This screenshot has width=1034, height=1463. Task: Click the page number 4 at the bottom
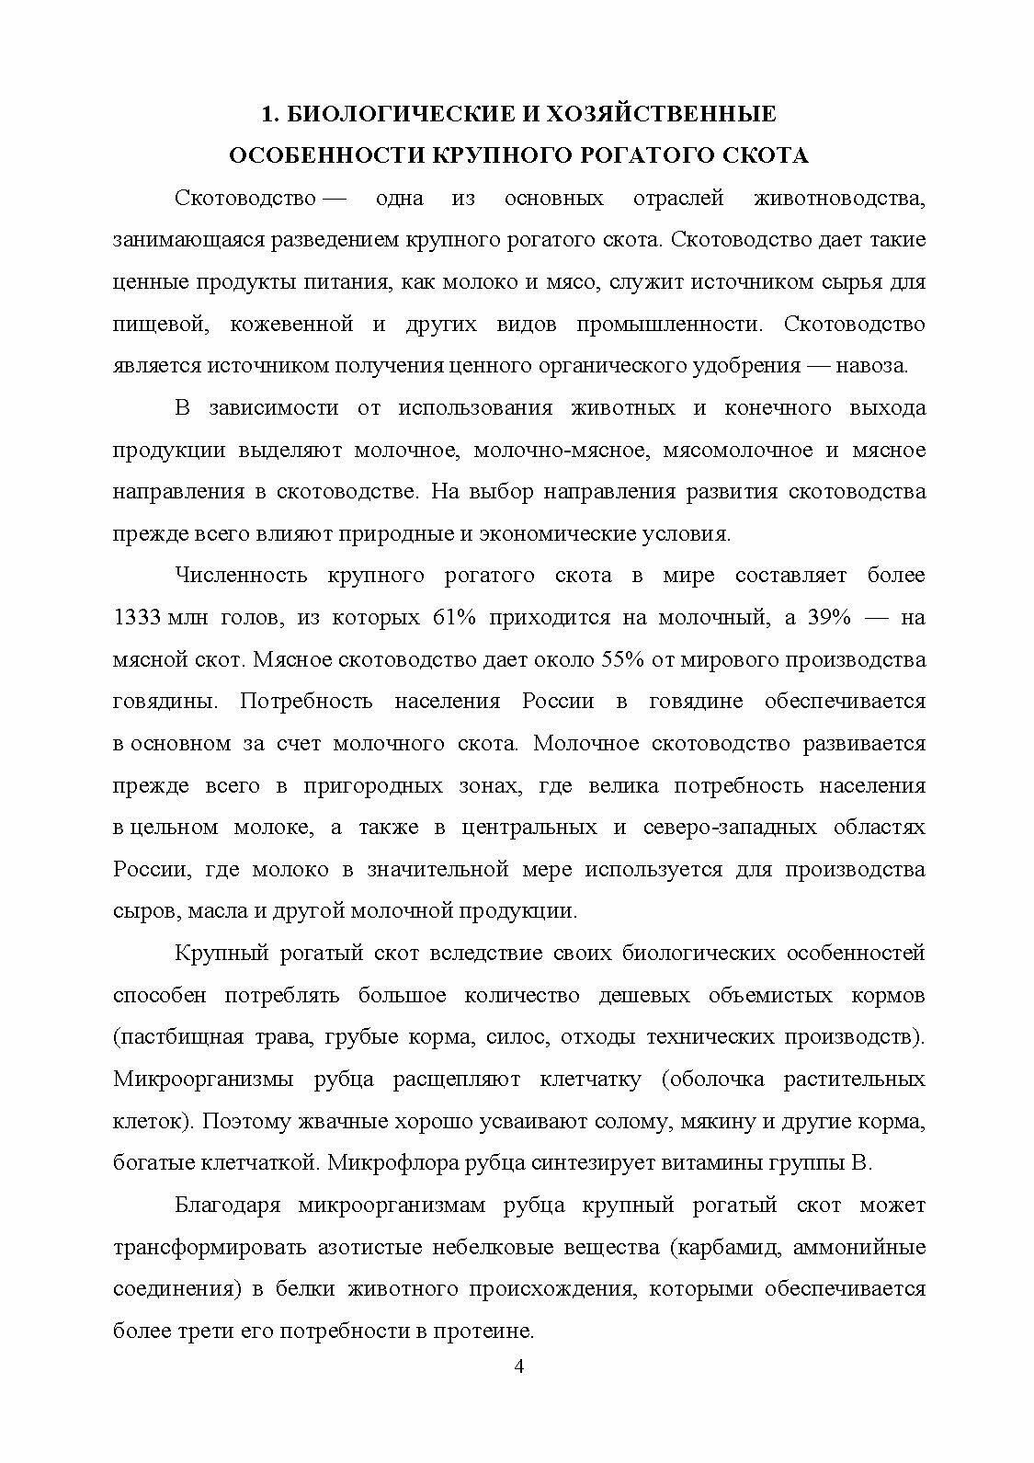pos(517,1365)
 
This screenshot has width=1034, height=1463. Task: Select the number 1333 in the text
pos(137,617)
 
